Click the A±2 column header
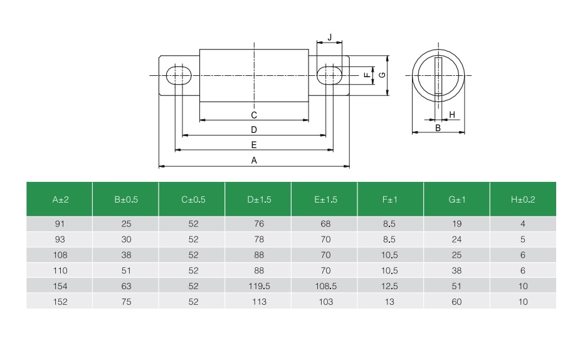(60, 199)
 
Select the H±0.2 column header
(523, 199)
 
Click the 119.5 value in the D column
(258, 286)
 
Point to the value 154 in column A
(60, 286)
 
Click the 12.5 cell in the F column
(389, 286)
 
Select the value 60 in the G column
(456, 302)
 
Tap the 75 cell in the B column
(126, 302)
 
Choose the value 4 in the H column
(523, 224)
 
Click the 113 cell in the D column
(258, 302)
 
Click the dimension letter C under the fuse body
(254, 115)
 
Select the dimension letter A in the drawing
(254, 161)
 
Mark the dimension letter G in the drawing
(382, 75)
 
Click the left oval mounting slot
(179, 75)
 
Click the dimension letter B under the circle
(438, 127)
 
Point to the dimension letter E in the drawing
(254, 145)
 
